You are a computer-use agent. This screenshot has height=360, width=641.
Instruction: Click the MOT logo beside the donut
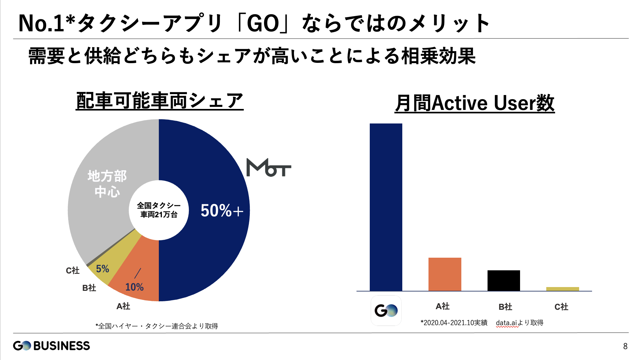click(268, 167)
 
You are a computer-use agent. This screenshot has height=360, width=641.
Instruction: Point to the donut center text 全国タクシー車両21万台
click(159, 210)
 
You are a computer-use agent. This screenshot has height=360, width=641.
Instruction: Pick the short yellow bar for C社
click(562, 289)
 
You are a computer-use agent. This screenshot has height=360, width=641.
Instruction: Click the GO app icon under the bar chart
click(386, 310)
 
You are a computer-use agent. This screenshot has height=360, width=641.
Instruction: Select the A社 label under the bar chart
click(442, 306)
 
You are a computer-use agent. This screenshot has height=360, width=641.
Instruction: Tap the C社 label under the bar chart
click(561, 307)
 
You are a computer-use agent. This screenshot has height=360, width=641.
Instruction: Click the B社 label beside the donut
click(89, 288)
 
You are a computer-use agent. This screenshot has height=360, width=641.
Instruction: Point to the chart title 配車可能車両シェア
click(159, 101)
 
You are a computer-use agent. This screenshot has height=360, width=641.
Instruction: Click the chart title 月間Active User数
click(475, 103)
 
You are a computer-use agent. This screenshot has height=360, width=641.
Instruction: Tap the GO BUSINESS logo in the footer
click(51, 345)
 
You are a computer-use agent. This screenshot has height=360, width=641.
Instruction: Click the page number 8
click(625, 346)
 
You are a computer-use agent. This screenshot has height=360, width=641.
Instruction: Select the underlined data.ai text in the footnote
click(506, 323)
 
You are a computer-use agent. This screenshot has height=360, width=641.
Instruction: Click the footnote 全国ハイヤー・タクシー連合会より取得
click(157, 326)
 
